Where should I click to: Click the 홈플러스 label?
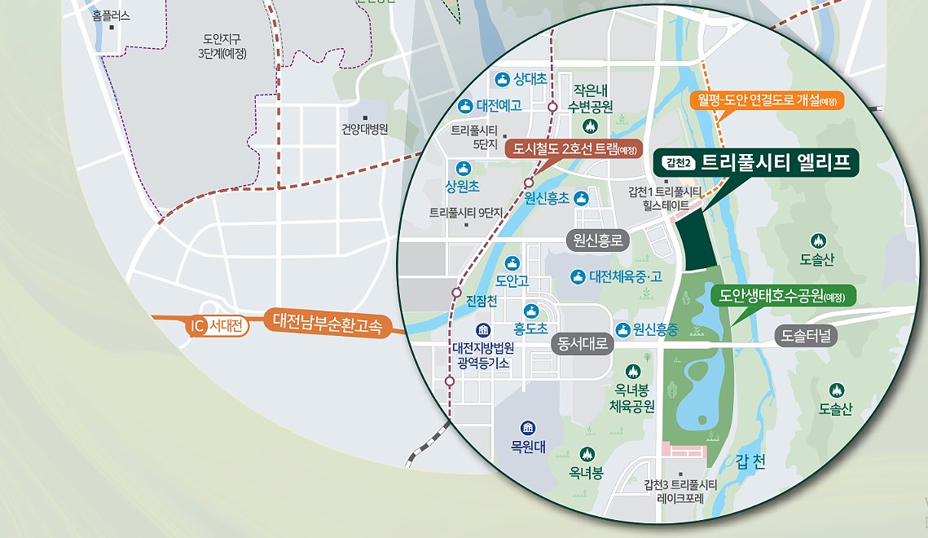click(111, 15)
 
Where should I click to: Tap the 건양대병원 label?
click(364, 129)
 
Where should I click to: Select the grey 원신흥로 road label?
click(598, 240)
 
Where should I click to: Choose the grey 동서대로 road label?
click(581, 344)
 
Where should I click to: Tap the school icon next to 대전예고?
click(465, 105)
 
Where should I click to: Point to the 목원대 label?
click(527, 446)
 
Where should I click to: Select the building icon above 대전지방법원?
click(483, 330)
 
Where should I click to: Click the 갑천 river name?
click(750, 462)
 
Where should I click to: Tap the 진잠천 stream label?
click(481, 301)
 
